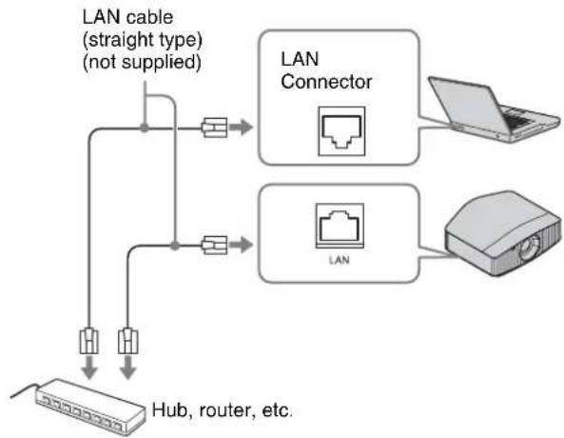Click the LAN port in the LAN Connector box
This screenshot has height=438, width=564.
click(x=341, y=131)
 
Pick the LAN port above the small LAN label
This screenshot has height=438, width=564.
click(x=340, y=226)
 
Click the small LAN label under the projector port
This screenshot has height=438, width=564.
click(x=340, y=260)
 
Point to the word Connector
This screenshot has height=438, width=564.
click(x=326, y=82)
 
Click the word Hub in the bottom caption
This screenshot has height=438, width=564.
click(x=170, y=409)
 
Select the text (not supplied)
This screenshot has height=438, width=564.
click(x=142, y=62)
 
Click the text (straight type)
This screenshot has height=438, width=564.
click(x=143, y=40)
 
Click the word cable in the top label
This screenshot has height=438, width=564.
click(x=150, y=17)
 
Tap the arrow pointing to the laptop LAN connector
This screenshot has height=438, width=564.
click(x=241, y=128)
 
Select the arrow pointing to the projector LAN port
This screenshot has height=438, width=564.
click(x=241, y=245)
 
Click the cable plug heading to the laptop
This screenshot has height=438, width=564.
click(x=214, y=128)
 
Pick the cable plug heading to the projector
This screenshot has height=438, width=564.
click(x=214, y=246)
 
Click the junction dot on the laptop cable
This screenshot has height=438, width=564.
click(x=145, y=128)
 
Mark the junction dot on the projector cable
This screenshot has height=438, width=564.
click(x=174, y=246)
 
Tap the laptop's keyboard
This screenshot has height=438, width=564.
click(x=520, y=118)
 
